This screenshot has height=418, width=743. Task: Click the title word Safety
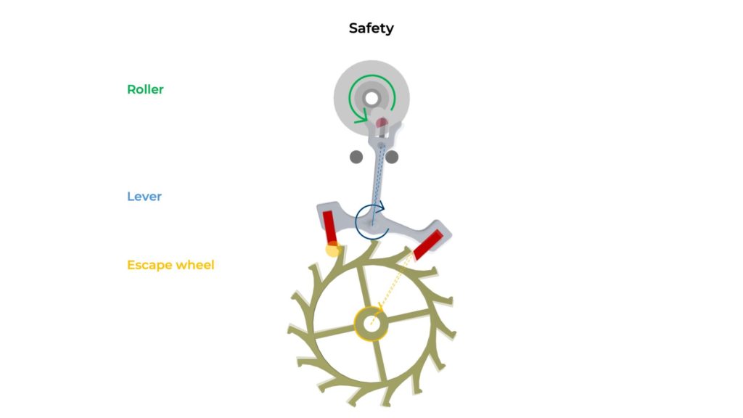click(371, 28)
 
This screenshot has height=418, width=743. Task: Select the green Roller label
click(145, 89)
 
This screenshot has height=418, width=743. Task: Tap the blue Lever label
click(144, 196)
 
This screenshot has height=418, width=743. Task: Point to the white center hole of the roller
click(371, 99)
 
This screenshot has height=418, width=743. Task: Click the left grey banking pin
click(356, 157)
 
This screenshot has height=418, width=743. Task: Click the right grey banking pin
click(392, 157)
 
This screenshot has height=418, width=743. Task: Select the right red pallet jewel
click(428, 245)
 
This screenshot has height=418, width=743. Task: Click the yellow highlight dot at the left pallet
click(332, 249)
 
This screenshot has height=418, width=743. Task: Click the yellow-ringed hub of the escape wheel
click(371, 324)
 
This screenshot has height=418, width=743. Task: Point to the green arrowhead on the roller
click(362, 115)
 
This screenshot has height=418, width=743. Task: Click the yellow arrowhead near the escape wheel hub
click(379, 309)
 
